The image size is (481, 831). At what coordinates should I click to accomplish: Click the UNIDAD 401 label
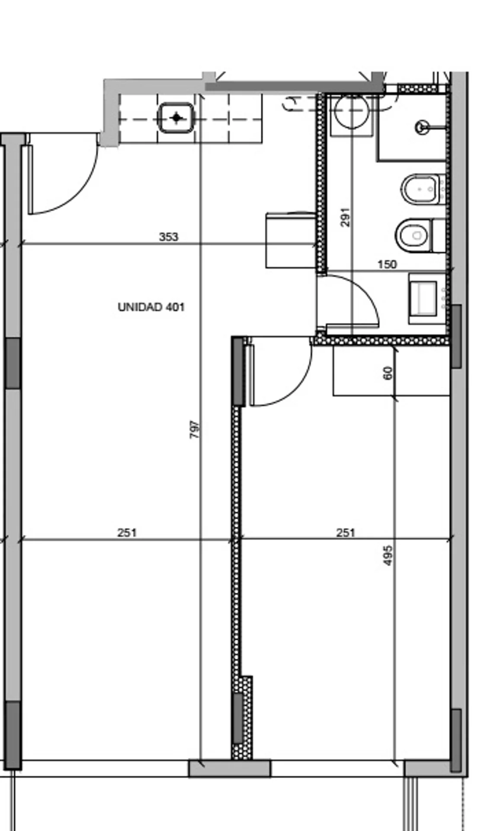[151, 307]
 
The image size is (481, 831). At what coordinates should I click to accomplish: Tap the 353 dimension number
[169, 237]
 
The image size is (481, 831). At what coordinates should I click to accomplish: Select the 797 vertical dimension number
[195, 429]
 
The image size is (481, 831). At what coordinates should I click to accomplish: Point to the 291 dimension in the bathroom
[345, 217]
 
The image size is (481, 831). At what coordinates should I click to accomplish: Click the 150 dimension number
[387, 264]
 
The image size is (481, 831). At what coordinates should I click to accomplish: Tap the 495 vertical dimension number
[388, 555]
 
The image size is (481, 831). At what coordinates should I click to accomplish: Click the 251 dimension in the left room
[127, 532]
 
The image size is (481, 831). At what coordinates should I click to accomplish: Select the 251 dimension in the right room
[346, 532]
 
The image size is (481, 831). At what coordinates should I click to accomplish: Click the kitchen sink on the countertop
[176, 118]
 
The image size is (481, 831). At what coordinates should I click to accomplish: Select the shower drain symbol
[421, 127]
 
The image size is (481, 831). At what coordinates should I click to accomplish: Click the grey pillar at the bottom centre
[230, 768]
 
